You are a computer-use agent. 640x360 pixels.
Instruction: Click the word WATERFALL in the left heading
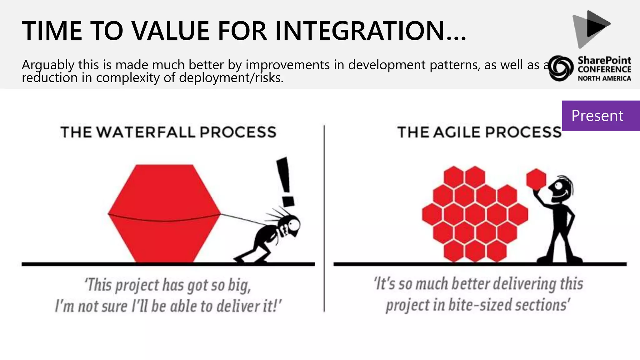pos(146,132)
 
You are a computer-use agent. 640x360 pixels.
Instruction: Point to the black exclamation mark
pos(285,181)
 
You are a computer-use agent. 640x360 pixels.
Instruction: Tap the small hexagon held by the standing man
pos(536,179)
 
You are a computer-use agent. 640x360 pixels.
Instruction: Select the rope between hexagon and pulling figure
pos(242,219)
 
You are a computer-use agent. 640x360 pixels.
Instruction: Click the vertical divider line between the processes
pos(324,219)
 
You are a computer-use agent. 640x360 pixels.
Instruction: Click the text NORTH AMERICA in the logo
pos(604,78)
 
